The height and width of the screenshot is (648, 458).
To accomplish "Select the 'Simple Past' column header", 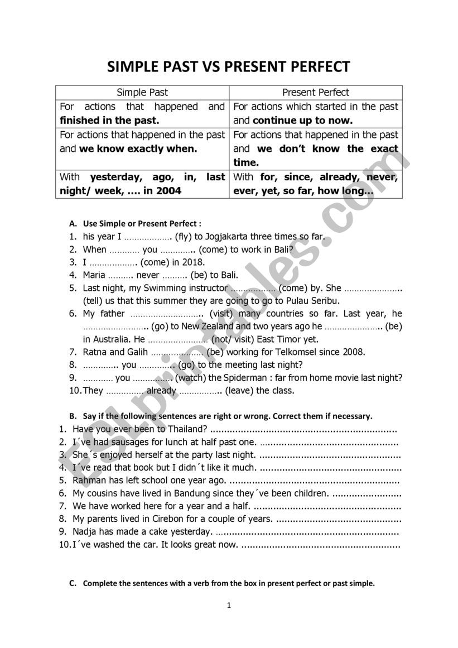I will (x=142, y=93).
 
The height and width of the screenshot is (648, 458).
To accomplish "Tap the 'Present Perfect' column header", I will (x=316, y=93).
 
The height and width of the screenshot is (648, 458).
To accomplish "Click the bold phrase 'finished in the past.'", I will (x=109, y=121).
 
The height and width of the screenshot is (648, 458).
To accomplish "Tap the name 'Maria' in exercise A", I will (x=94, y=275).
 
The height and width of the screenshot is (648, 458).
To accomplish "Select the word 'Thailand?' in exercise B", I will (x=189, y=429).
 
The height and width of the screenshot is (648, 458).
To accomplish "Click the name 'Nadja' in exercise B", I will (x=85, y=532).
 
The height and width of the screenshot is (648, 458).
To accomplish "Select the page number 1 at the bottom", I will (x=229, y=605).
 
